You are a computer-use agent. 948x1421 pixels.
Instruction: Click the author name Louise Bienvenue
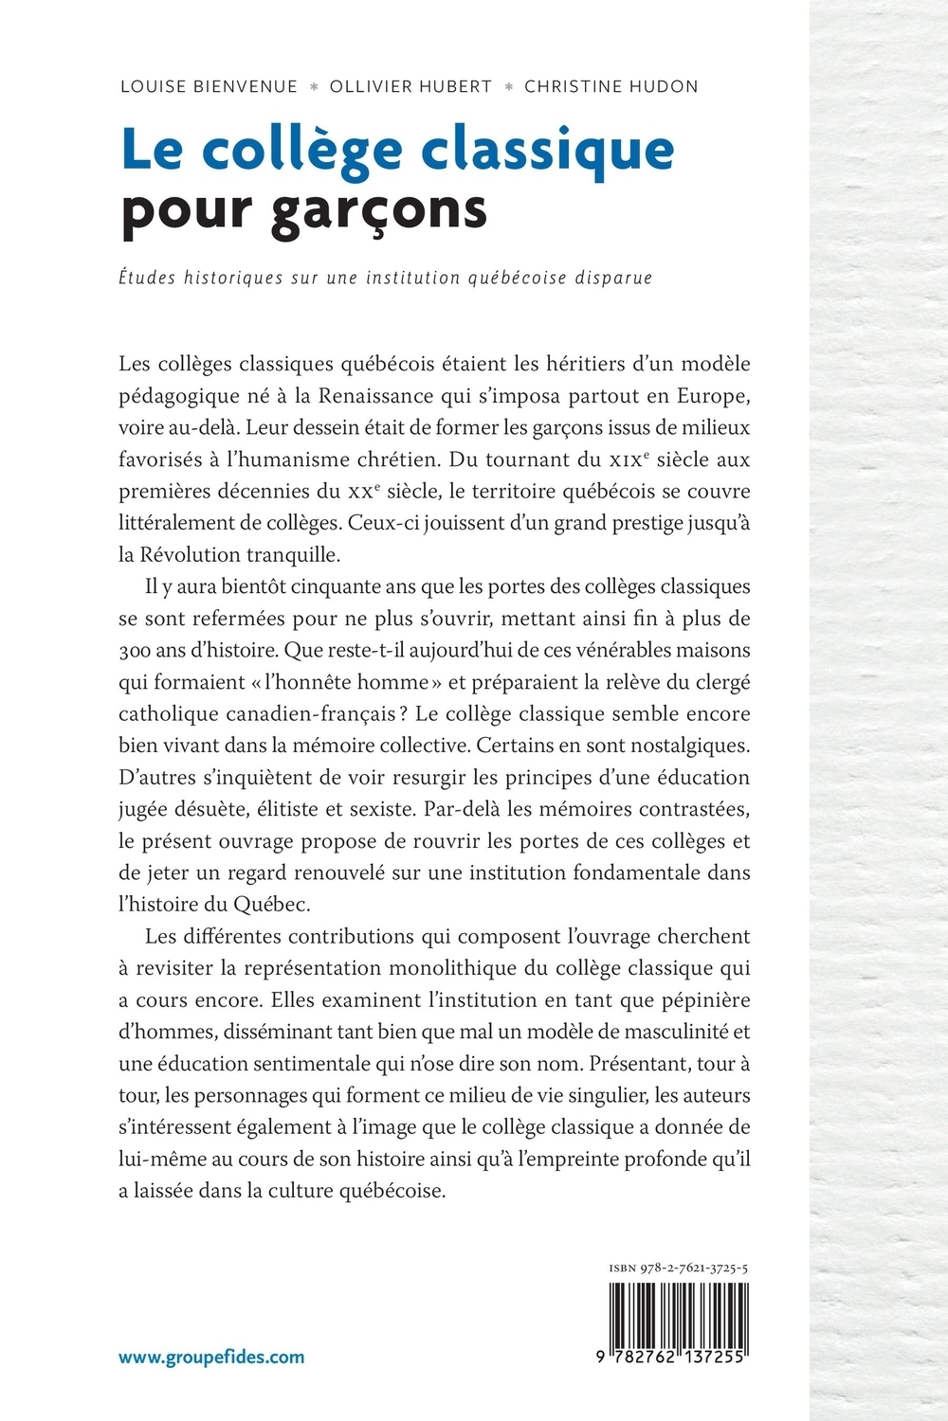click(209, 87)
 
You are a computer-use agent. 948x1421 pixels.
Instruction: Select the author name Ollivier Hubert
click(410, 87)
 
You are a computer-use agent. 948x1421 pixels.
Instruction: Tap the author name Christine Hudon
click(611, 87)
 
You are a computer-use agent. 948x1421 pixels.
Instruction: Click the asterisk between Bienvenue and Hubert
click(314, 87)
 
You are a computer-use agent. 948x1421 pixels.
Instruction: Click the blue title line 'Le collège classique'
click(397, 150)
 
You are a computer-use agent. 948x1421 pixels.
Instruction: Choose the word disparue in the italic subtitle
click(611, 278)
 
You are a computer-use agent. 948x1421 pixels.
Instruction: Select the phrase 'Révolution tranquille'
click(238, 554)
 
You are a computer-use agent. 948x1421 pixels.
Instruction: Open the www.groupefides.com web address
click(211, 1357)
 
